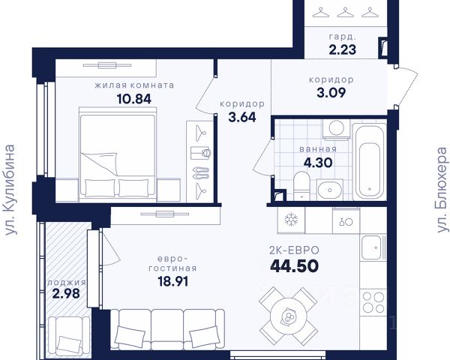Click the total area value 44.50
(x=295, y=265)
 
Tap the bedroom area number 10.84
(x=134, y=99)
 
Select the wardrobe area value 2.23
(x=343, y=49)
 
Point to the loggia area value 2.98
(x=66, y=294)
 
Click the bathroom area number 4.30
(x=318, y=163)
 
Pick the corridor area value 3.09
(x=331, y=92)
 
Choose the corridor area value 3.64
(x=242, y=117)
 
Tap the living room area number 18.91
(x=173, y=282)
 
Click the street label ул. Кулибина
(x=10, y=190)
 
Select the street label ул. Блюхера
(x=442, y=190)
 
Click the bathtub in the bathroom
(x=369, y=162)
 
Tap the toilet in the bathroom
(x=301, y=186)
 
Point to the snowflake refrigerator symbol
(x=291, y=220)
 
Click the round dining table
(x=288, y=316)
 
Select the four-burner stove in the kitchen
(x=373, y=302)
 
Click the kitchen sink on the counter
(x=372, y=247)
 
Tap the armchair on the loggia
(x=70, y=334)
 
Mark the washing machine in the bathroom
(x=336, y=128)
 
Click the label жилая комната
(x=134, y=85)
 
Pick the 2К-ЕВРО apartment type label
(x=295, y=250)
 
